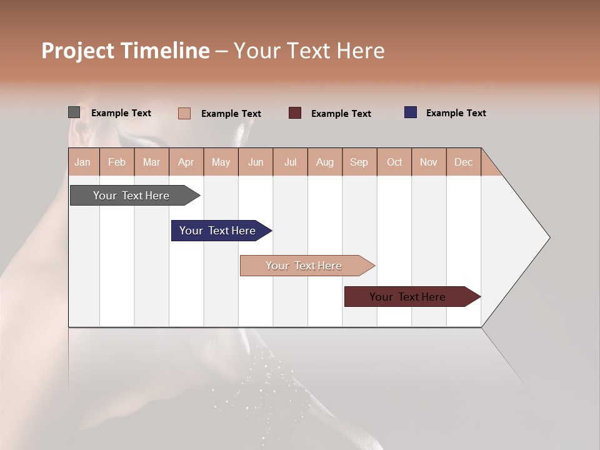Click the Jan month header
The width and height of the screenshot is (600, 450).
click(x=83, y=162)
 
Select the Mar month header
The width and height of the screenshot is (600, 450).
click(x=151, y=162)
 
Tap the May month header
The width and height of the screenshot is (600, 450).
click(x=221, y=162)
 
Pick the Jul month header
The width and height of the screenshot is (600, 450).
click(x=290, y=162)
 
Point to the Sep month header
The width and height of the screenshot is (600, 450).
click(x=359, y=162)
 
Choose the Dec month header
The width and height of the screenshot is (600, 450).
click(x=463, y=162)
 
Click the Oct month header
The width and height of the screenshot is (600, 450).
click(x=394, y=162)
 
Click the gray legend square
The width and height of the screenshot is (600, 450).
click(x=74, y=112)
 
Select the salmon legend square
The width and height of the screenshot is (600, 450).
click(x=184, y=113)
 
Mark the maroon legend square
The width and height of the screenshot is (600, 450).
click(x=295, y=113)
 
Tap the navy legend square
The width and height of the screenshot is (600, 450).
click(x=410, y=112)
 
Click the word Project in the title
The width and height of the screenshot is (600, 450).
click(x=77, y=51)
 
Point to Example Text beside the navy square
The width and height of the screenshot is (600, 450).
click(x=456, y=113)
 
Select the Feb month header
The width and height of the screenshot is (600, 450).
click(x=117, y=162)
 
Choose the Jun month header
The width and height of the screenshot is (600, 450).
click(x=256, y=162)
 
